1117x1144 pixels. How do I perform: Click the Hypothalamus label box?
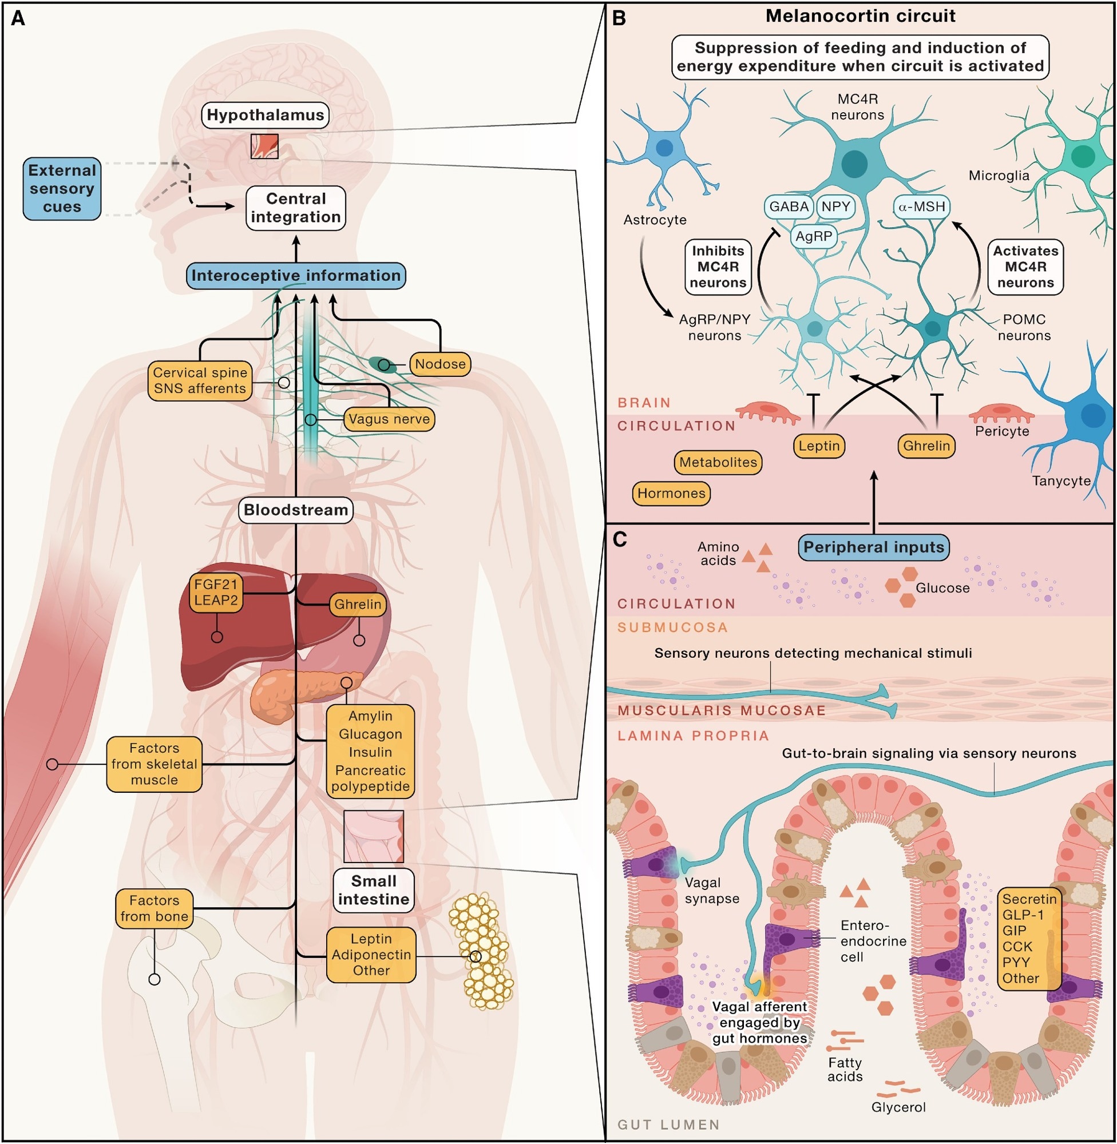click(264, 115)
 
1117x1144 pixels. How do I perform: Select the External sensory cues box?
click(62, 189)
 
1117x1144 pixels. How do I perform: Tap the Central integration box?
click(296, 208)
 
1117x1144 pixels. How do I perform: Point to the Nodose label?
click(440, 364)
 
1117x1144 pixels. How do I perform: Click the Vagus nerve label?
click(389, 419)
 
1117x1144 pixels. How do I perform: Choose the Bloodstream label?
click(296, 510)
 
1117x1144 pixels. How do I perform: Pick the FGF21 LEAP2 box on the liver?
click(216, 593)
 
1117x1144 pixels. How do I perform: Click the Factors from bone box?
click(155, 909)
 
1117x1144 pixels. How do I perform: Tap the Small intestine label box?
click(374, 890)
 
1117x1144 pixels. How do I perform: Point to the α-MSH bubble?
click(922, 207)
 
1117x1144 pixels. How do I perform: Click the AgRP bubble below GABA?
click(814, 237)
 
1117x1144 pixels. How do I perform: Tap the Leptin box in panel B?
click(819, 446)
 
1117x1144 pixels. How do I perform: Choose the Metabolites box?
click(718, 463)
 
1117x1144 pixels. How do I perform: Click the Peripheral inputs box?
click(874, 547)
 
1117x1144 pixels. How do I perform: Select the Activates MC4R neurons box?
click(1025, 267)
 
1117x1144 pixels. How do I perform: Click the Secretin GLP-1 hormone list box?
click(1028, 939)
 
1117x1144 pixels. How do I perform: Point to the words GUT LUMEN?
click(668, 1125)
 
